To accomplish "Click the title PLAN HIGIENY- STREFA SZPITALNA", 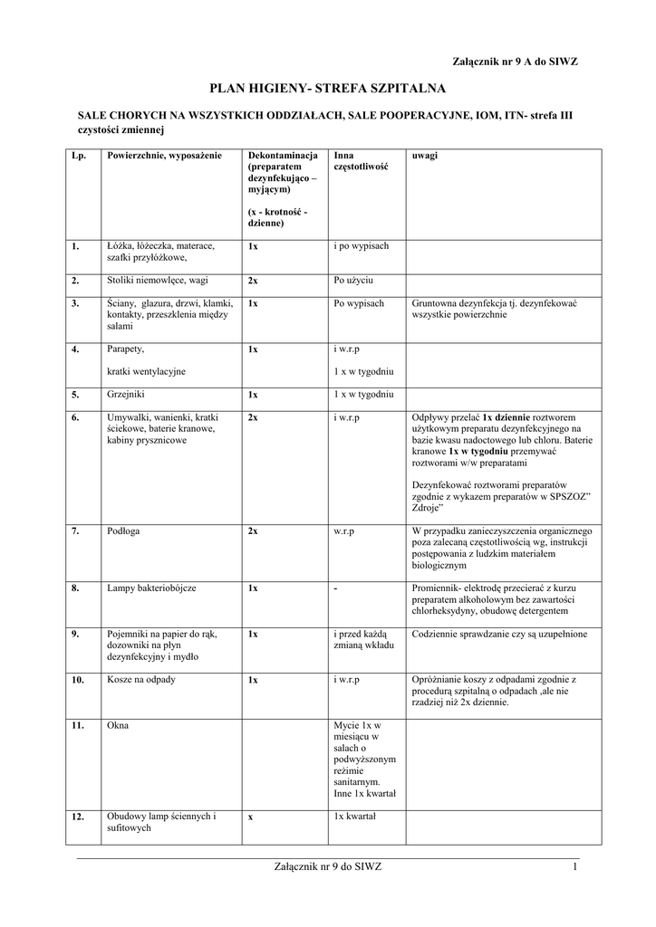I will pos(328,89).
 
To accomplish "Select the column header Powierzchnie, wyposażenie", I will pos(164,157).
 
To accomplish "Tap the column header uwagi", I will pos(425,157).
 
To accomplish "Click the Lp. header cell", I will pos(79,157).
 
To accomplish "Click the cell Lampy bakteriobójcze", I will pos(151,588).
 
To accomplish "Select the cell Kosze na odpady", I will pos(140,679).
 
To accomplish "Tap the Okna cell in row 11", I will pos(117,725).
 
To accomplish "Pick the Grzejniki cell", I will pos(127,396).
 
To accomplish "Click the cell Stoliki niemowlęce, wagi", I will pos(157,281).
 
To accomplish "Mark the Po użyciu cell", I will pos(353,281).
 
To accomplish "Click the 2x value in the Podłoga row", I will pos(253,531).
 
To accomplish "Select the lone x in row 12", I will pos(250,817).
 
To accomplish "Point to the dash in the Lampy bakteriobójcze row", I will pos(335,588).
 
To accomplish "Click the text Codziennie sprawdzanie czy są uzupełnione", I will pos(500,634).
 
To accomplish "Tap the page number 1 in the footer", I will pos(574,867).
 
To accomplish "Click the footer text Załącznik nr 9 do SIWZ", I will pos(328,867).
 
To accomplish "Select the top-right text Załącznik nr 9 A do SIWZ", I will pos(515,61).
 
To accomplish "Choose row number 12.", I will pos(79,817).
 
